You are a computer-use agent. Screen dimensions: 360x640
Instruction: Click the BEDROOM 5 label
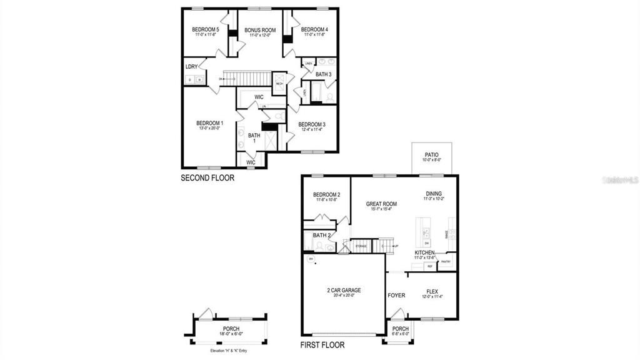click(205, 29)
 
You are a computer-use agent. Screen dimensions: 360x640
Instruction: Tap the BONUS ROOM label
click(260, 30)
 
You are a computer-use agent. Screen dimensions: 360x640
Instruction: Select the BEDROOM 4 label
click(314, 29)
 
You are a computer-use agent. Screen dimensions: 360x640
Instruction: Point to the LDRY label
click(191, 67)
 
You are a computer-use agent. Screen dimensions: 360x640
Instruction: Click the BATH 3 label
click(323, 74)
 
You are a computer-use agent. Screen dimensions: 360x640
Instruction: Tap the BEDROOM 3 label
click(311, 124)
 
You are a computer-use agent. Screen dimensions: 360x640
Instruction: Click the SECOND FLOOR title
click(207, 178)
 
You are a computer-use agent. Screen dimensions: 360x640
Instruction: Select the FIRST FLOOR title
click(322, 345)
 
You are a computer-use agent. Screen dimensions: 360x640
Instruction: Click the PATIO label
click(431, 154)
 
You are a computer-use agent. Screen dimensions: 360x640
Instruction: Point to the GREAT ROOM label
click(382, 203)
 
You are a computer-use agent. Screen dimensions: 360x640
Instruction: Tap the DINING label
click(434, 194)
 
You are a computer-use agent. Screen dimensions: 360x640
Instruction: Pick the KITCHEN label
click(424, 252)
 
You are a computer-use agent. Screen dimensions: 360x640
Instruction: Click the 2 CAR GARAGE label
click(344, 290)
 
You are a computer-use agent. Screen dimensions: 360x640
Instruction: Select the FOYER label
click(396, 296)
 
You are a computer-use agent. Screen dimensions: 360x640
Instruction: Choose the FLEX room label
click(432, 291)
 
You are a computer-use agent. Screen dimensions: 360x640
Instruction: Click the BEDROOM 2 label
click(326, 194)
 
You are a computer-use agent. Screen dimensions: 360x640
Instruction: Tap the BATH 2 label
click(321, 236)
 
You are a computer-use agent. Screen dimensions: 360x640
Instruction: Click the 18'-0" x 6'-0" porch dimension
click(231, 334)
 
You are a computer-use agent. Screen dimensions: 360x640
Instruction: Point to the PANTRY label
click(446, 262)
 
